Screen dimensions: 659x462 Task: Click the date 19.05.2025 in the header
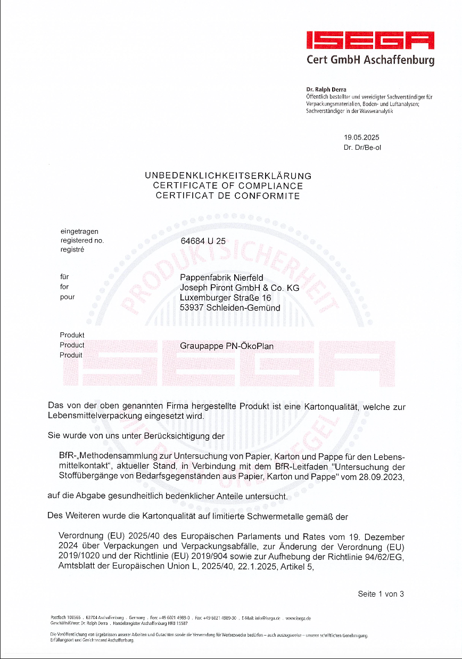tap(361, 137)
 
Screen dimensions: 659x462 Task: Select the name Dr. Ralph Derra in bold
tap(326, 90)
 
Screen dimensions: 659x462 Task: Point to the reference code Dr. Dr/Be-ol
tap(362, 148)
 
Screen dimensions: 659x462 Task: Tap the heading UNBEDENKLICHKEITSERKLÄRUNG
tap(228, 176)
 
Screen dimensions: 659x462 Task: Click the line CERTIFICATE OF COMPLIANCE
tap(228, 186)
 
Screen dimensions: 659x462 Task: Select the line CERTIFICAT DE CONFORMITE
tap(228, 196)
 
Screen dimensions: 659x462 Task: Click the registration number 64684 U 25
tap(203, 241)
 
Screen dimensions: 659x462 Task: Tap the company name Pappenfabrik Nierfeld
tap(221, 278)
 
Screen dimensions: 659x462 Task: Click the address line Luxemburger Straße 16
tap(226, 298)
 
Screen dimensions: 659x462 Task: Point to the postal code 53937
tap(192, 308)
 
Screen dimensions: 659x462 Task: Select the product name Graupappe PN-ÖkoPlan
tap(227, 346)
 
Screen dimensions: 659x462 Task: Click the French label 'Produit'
tap(71, 355)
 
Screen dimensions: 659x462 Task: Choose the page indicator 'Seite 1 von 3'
tap(381, 594)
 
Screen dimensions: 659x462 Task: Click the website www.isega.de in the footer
tap(298, 619)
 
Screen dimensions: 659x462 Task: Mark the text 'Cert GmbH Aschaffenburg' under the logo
tap(370, 60)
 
